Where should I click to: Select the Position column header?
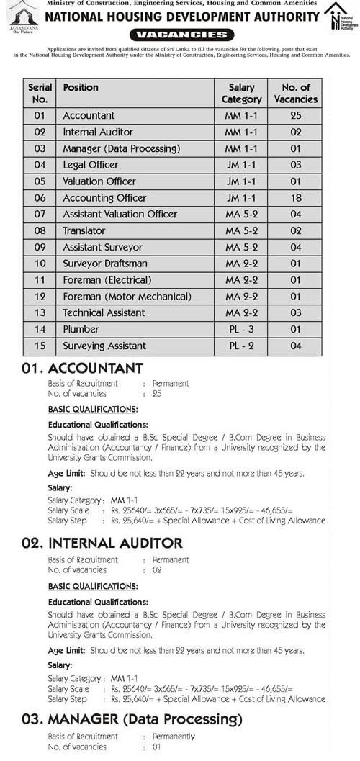pyautogui.click(x=81, y=88)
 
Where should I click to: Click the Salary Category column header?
pyautogui.click(x=241, y=94)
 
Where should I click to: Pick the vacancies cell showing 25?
pyautogui.click(x=295, y=115)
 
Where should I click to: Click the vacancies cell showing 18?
pyautogui.click(x=295, y=197)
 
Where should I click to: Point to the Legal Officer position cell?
pyautogui.click(x=91, y=165)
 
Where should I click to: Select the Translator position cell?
pyautogui.click(x=84, y=230)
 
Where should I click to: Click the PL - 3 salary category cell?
pyautogui.click(x=241, y=329)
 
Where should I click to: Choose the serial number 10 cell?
pyautogui.click(x=40, y=264)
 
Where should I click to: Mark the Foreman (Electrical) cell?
pyautogui.click(x=107, y=280)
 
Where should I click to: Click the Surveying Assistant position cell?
pyautogui.click(x=104, y=346)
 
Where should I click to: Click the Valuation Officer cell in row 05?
pyautogui.click(x=99, y=181)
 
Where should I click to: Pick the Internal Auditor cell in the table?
pyautogui.click(x=94, y=132)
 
